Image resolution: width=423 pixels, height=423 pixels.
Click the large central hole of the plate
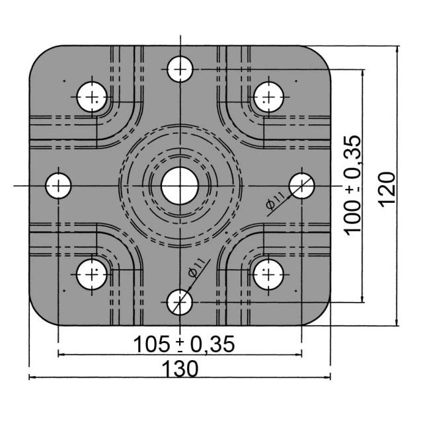pos(180,186)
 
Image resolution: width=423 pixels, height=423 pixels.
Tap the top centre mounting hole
pos(180,69)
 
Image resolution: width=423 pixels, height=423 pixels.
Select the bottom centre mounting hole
pos(180,302)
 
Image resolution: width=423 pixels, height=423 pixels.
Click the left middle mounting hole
pos(58,186)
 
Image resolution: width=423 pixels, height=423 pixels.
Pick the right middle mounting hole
pos(301,186)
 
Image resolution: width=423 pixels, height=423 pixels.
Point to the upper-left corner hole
pos(92,97)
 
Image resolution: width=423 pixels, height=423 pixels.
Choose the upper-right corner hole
pos(269,97)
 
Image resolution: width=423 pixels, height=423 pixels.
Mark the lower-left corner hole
pos(92,275)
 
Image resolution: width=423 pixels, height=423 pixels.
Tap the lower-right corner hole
pos(268,275)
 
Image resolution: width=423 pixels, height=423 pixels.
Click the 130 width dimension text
pos(180,369)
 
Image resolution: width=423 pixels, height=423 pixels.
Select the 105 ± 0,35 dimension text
pos(184,344)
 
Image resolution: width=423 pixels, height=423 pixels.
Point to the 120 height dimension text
pos(387,190)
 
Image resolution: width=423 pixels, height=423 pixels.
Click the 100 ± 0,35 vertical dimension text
pos(353,185)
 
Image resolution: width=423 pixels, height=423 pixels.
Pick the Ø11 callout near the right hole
pos(276,201)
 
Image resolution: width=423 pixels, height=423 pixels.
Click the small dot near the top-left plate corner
pos(64,81)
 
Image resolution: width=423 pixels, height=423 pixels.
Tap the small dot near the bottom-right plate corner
pos(296,291)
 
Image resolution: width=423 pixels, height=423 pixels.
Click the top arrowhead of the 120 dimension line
pos(397,50)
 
